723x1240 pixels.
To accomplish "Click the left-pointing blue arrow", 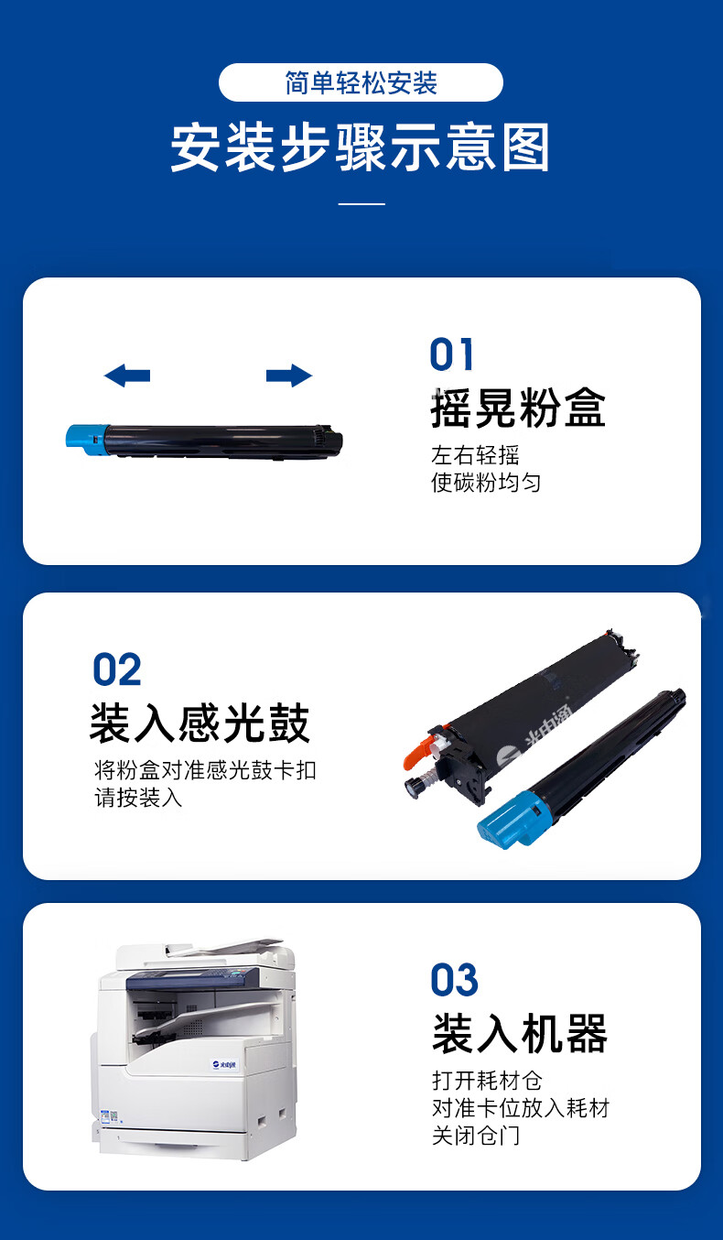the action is point(126,375).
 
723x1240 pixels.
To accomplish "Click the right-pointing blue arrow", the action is point(289,375).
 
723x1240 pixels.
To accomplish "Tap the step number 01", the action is point(452,354).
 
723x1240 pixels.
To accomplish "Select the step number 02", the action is point(117,669).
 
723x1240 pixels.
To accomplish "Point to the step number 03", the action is point(454,981).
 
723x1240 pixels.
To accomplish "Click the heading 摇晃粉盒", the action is point(518,408).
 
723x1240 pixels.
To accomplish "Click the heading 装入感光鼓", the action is point(200,723).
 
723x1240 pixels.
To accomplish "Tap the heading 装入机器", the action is point(520,1034).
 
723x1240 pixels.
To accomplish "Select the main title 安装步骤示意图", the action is point(361,147).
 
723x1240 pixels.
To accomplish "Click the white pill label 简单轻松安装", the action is point(361,82).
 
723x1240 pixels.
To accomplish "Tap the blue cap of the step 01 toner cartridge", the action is point(88,441).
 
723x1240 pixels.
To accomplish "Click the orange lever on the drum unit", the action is point(419,751).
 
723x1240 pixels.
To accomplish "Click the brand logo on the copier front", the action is point(224,1064).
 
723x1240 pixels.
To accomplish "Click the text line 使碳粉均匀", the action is point(486,482).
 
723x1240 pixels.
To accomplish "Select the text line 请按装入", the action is point(138,798).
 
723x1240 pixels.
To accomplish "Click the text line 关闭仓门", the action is point(476,1136).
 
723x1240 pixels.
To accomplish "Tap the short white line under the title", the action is point(361,203).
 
